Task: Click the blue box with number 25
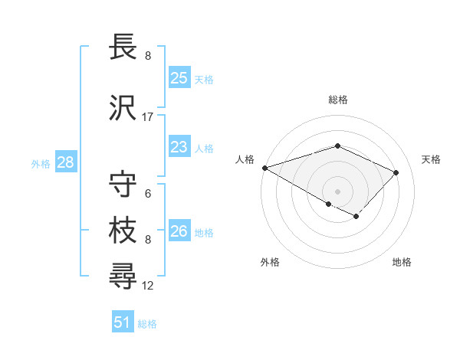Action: pos(179,77)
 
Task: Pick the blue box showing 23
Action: pos(179,147)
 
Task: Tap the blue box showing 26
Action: pos(179,231)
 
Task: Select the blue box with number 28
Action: pos(65,162)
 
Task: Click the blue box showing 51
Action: pos(123,322)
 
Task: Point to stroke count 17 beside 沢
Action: pos(148,117)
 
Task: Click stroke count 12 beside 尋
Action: pos(148,286)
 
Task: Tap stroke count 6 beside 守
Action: pos(148,195)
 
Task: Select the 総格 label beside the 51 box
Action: pos(147,324)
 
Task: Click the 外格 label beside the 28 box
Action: pos(41,163)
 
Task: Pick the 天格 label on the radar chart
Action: pos(431,159)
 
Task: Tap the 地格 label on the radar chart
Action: pos(402,262)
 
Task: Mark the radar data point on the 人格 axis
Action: pos(264,167)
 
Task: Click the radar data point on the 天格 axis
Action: pos(396,172)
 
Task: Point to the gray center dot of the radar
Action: pos(337,191)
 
